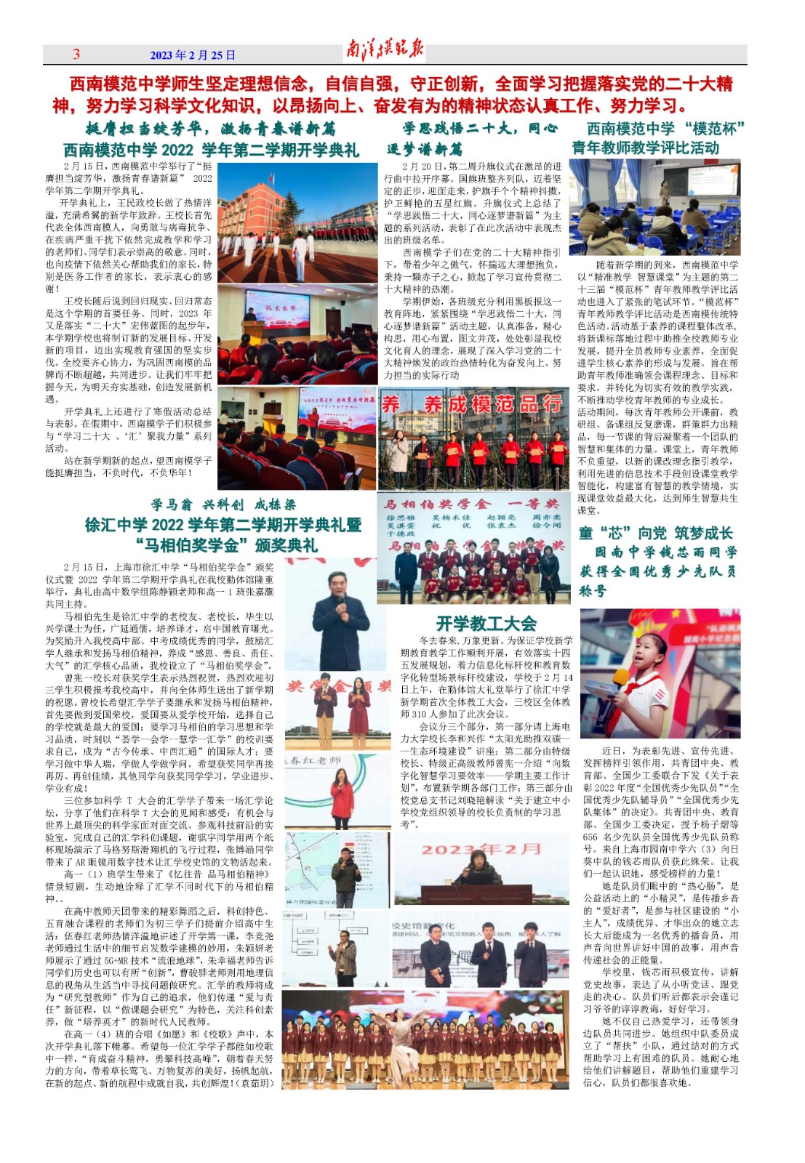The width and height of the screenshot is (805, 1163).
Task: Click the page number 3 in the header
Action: [76, 55]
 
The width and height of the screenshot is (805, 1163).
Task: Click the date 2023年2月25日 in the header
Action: [193, 55]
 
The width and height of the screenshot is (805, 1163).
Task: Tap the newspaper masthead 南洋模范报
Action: [384, 51]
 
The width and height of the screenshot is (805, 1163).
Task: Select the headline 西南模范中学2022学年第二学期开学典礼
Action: [211, 150]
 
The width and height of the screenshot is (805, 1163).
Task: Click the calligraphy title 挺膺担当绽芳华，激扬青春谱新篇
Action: [210, 129]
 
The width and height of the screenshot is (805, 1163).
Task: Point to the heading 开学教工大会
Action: [486, 623]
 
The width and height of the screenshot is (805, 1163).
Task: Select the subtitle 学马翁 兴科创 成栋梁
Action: [223, 504]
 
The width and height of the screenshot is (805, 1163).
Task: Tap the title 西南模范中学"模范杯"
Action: [665, 129]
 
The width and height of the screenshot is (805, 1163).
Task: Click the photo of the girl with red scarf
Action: [660, 673]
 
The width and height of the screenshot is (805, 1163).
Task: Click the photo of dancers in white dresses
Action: [425, 1039]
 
